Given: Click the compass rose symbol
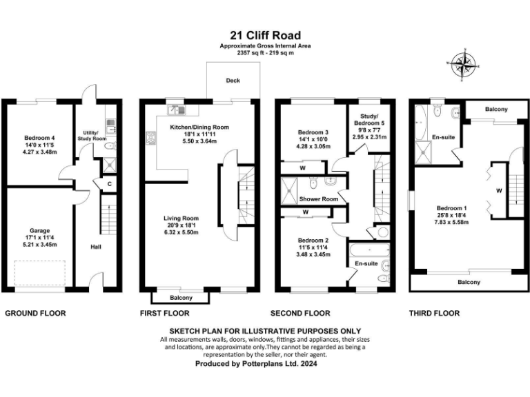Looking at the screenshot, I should coord(464,66).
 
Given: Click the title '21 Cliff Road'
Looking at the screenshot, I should coord(265,35).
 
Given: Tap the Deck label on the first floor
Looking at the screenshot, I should coord(233,81).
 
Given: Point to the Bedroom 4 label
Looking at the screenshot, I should coord(39,138).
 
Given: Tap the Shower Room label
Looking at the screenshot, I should coord(318,199).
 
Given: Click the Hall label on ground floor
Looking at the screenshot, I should coord(97,245).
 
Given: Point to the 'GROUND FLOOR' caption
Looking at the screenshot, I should coord(36,313).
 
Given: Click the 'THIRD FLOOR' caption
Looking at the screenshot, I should coord(435,313).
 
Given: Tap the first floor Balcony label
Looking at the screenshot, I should coord(181,298).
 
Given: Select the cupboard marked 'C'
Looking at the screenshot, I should coord(110,184).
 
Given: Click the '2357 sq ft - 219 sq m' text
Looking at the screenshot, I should coord(265,52).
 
